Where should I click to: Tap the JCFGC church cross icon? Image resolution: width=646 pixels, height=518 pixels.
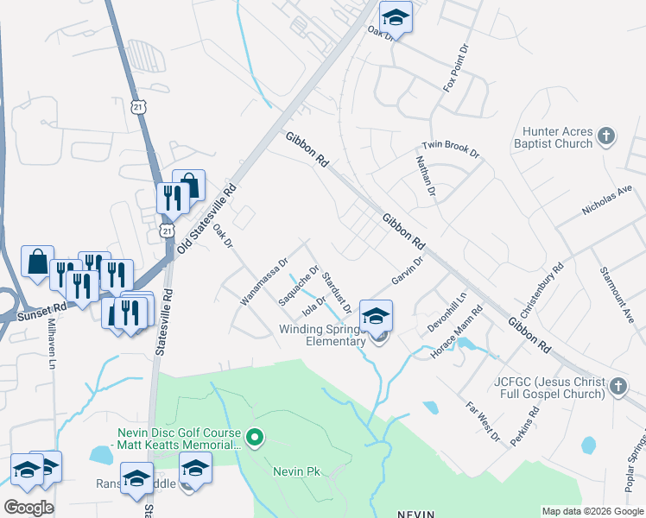[618, 386]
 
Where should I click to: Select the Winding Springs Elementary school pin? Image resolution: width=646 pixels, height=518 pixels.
[377, 315]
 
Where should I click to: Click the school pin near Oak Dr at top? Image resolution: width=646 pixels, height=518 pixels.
[396, 16]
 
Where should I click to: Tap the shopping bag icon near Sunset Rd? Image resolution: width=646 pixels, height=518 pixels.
[38, 262]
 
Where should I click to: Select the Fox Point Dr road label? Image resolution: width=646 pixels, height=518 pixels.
[453, 64]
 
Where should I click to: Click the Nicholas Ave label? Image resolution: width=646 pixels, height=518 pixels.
[608, 205]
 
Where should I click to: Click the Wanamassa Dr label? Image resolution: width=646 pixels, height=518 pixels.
[263, 281]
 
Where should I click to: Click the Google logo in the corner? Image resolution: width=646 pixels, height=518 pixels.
[28, 507]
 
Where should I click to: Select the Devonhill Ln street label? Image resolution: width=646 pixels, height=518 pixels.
[446, 313]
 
